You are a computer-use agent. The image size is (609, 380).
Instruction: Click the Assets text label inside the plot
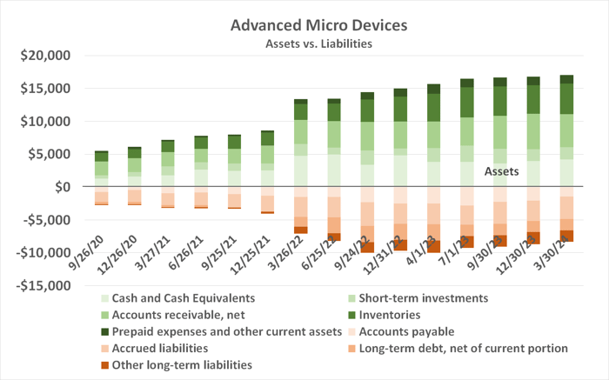pyautogui.click(x=501, y=172)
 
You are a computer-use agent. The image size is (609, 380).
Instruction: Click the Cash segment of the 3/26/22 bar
pyautogui.click(x=301, y=170)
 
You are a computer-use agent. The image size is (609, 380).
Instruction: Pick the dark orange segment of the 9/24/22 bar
pyautogui.click(x=367, y=244)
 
